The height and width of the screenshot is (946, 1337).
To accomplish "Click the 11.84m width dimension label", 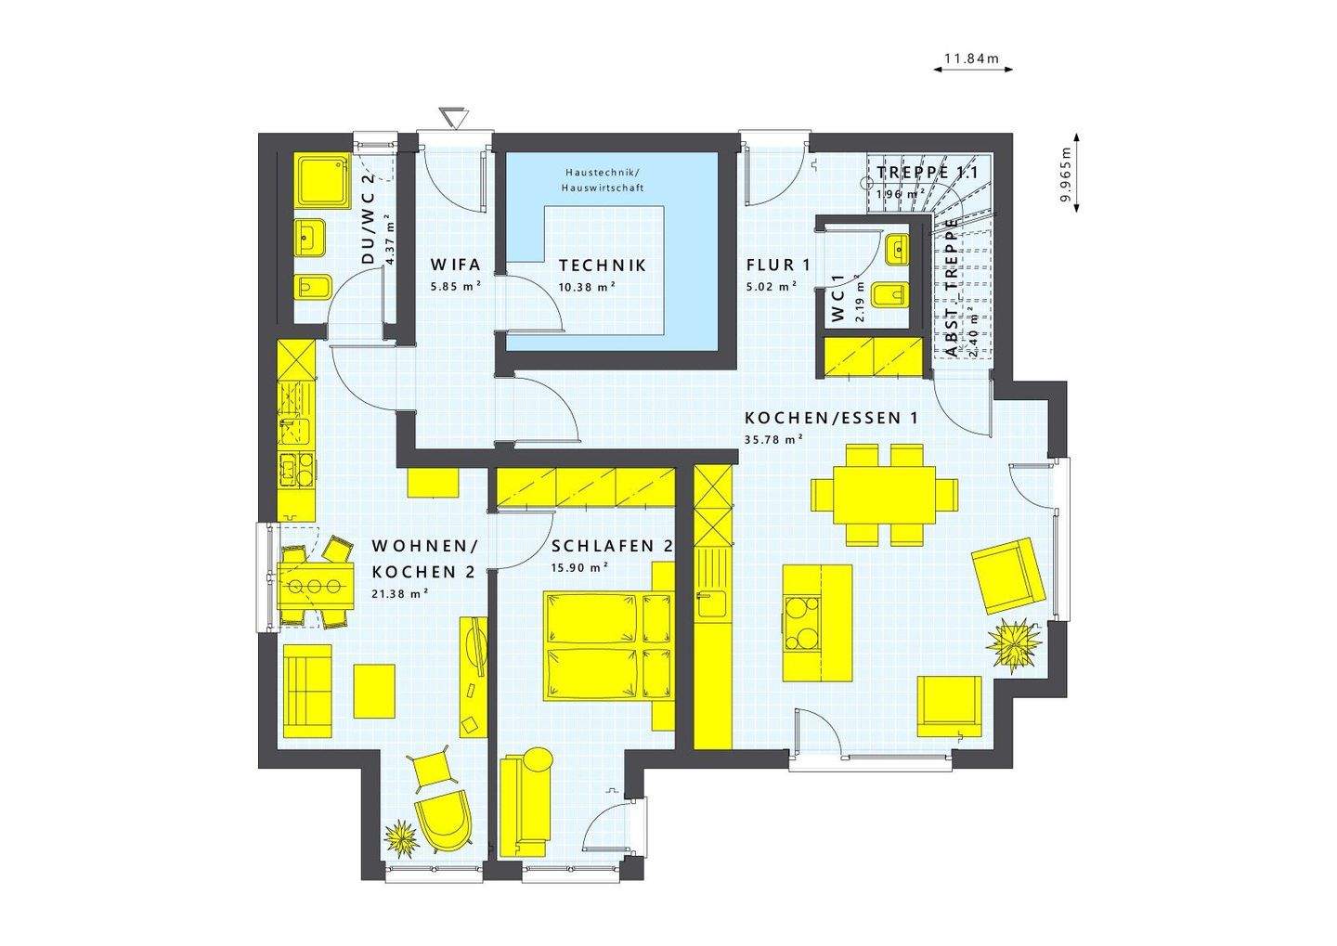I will pos(970,59).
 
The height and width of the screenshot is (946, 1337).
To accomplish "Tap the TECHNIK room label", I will pos(602,266).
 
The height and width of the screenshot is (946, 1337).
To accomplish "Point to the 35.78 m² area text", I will pos(773,440).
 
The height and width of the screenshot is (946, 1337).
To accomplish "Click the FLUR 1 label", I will pos(778,266).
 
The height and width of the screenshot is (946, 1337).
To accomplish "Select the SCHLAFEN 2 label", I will pos(611,547).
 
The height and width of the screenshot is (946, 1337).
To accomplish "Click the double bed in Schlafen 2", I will pos(608,645).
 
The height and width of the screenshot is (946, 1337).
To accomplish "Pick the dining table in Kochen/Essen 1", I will pos(885,494).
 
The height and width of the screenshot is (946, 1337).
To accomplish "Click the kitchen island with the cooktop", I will pos(817,622).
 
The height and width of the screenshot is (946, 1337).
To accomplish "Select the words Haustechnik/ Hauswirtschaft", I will pos(601,181).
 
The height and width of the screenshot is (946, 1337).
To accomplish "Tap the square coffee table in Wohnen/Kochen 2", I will pos(374,690).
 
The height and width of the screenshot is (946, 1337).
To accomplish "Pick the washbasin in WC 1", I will pos(898,247).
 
